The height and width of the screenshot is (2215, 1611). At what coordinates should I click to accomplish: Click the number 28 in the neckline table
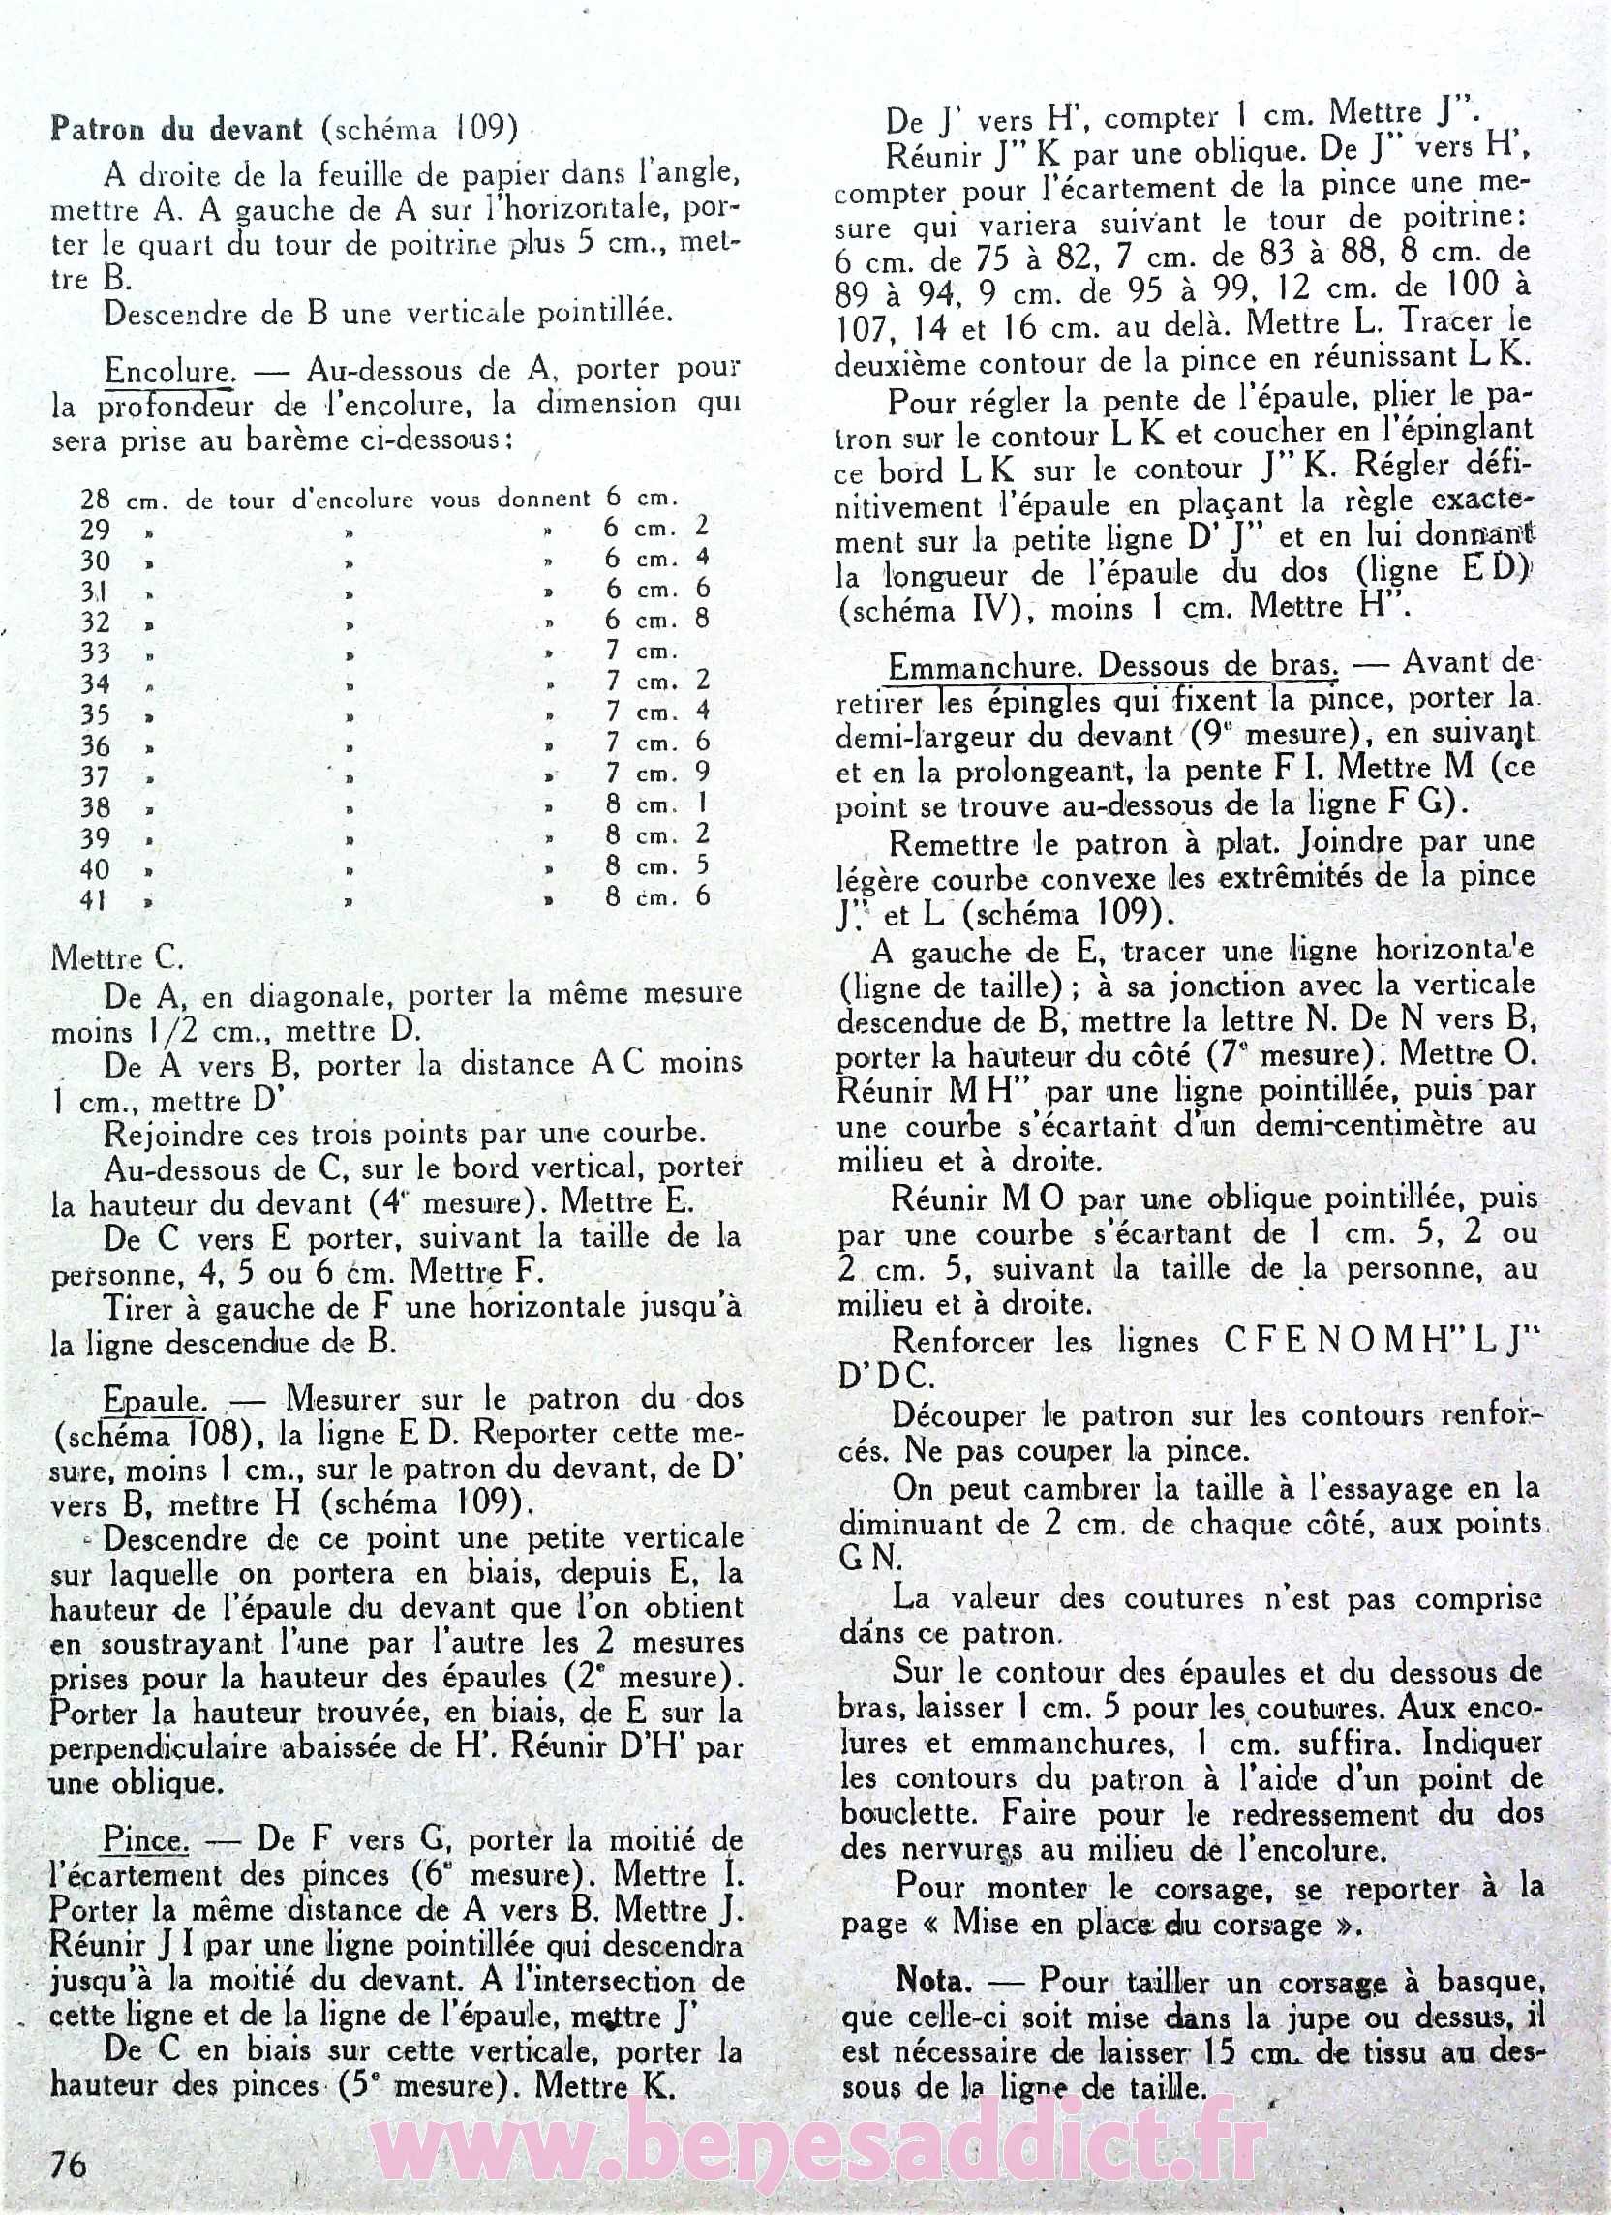95,501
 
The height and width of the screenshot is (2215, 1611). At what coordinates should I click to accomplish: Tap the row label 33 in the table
95,653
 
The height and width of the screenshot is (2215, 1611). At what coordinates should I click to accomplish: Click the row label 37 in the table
95,776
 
